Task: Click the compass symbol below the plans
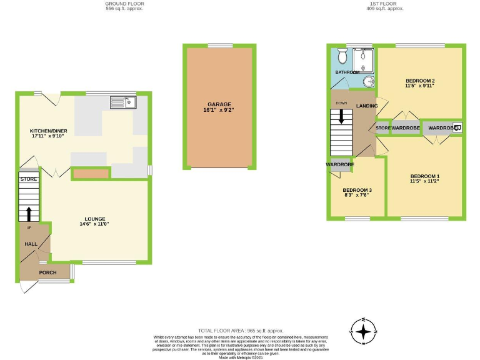click(362, 331)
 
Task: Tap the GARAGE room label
click(219, 104)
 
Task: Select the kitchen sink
click(122, 102)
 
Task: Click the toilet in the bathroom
click(342, 57)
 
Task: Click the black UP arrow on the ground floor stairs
click(28, 213)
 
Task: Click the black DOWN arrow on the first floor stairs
click(341, 116)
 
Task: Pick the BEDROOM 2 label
click(420, 81)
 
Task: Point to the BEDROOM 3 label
click(357, 189)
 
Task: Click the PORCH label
click(47, 272)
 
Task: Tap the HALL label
click(31, 244)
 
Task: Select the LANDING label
click(367, 106)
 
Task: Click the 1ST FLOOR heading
click(385, 4)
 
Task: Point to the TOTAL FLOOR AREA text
click(241, 330)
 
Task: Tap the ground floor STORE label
click(29, 179)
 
